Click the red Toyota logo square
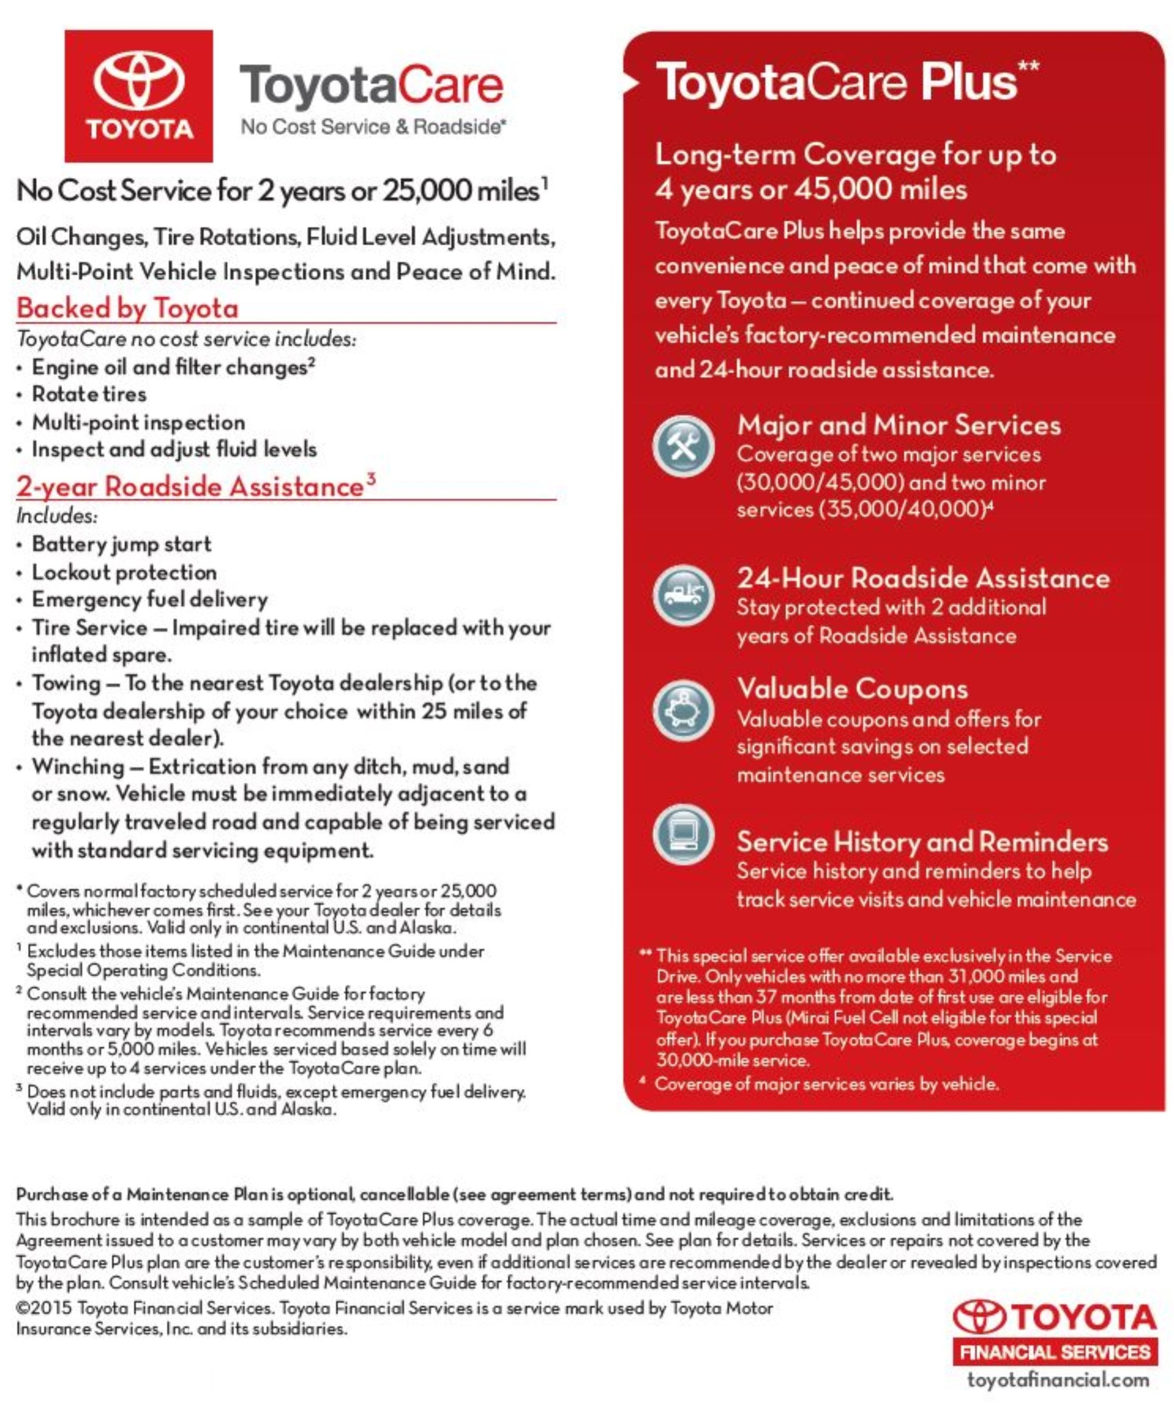pyautogui.click(x=139, y=96)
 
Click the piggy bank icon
pyautogui.click(x=683, y=710)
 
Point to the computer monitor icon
pyautogui.click(x=683, y=834)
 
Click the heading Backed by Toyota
pyautogui.click(x=127, y=308)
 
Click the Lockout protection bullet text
pyautogui.click(x=124, y=572)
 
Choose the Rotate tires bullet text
pyautogui.click(x=89, y=394)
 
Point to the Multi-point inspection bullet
pyautogui.click(x=138, y=422)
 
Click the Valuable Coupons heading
pyautogui.click(x=852, y=689)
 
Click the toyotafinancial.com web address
pyautogui.click(x=1058, y=1380)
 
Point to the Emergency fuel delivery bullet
pyautogui.click(x=149, y=599)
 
